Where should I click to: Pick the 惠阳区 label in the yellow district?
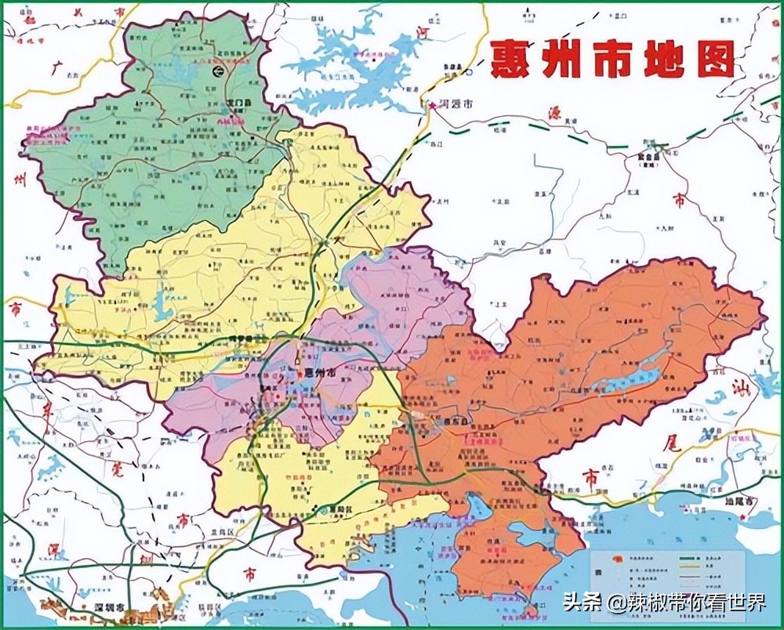[x=339, y=509]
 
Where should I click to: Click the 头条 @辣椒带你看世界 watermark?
[x=663, y=603]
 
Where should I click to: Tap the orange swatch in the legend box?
[x=602, y=559]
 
